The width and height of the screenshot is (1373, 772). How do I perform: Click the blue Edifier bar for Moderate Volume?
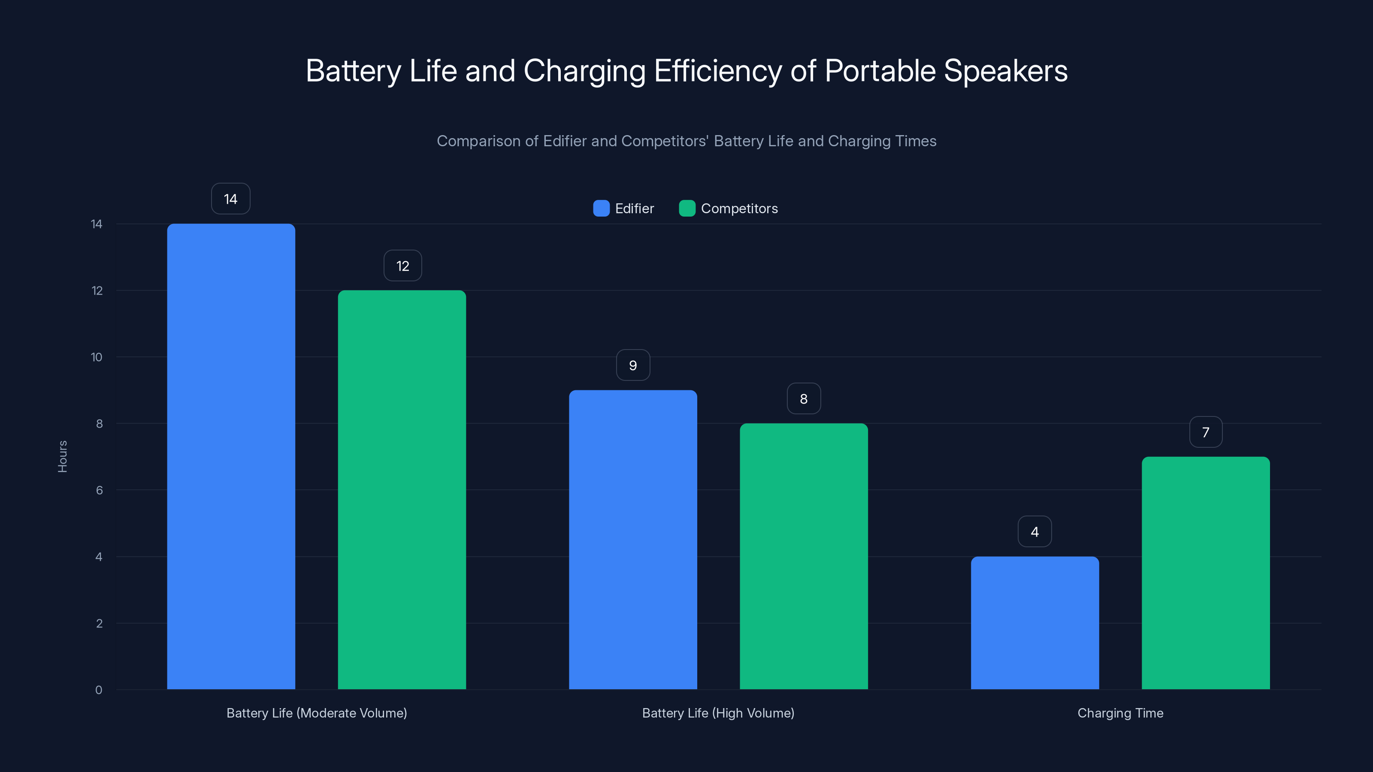pyautogui.click(x=231, y=457)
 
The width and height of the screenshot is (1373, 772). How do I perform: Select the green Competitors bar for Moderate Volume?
pyautogui.click(x=402, y=490)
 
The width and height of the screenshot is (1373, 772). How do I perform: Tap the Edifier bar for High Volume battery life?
pyautogui.click(x=633, y=539)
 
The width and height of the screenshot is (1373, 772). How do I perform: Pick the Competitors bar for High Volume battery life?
pyautogui.click(x=804, y=556)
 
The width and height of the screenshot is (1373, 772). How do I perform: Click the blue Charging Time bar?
pyautogui.click(x=1034, y=623)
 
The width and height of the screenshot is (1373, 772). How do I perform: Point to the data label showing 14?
pyautogui.click(x=231, y=199)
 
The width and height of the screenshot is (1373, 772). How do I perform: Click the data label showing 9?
pyautogui.click(x=633, y=365)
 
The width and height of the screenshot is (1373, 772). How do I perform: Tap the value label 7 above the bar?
pyautogui.click(x=1206, y=432)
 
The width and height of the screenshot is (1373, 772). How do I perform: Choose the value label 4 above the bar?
pyautogui.click(x=1034, y=532)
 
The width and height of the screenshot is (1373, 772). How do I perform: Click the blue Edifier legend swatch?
pyautogui.click(x=601, y=208)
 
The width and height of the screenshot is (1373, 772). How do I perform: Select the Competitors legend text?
pyautogui.click(x=739, y=208)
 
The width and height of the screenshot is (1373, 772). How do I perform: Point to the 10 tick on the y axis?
pyautogui.click(x=97, y=357)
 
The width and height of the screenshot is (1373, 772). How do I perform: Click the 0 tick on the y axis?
pyautogui.click(x=99, y=690)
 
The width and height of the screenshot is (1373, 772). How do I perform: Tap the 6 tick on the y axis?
pyautogui.click(x=99, y=490)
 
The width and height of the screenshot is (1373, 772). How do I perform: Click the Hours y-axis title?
pyautogui.click(x=62, y=457)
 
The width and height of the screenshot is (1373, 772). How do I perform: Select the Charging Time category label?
pyautogui.click(x=1120, y=713)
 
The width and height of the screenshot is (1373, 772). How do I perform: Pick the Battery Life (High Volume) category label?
pyautogui.click(x=718, y=713)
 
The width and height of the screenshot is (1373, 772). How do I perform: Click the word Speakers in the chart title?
pyautogui.click(x=1005, y=71)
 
